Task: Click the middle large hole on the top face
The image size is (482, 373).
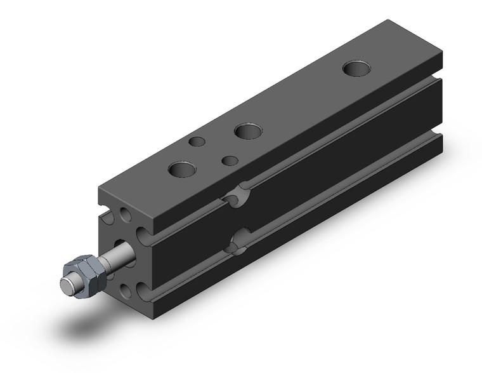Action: [249, 132]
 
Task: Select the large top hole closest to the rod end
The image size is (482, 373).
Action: [183, 170]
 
